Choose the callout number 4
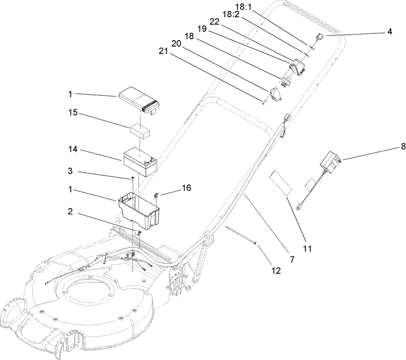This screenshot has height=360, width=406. click(389, 31)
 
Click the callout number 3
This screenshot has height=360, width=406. click(74, 172)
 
